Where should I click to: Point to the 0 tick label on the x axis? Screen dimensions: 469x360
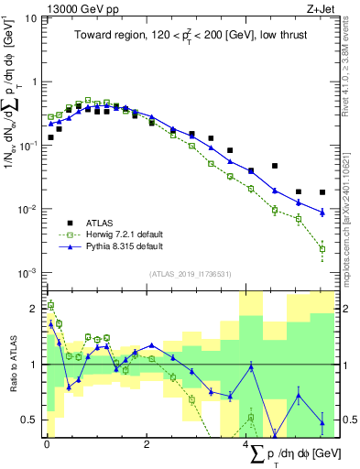[46, 444]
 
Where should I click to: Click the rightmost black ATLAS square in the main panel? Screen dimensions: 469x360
[322, 192]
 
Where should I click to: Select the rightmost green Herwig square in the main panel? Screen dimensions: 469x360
[322, 248]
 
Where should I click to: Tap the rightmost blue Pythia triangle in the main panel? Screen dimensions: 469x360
[322, 213]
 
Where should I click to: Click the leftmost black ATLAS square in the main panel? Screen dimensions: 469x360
[51, 137]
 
